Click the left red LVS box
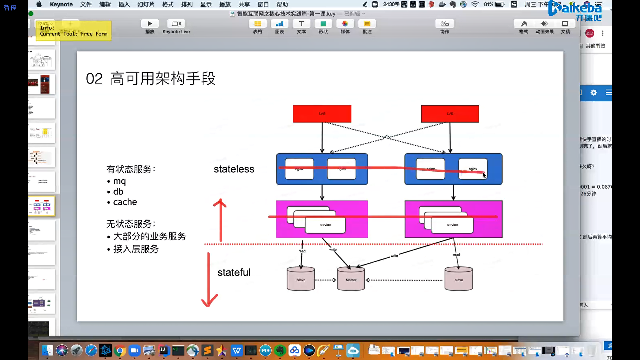click(x=322, y=114)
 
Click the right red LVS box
click(x=450, y=114)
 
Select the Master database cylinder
click(x=351, y=279)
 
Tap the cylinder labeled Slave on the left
click(x=301, y=279)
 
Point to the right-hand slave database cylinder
click(x=459, y=279)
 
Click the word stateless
click(x=234, y=169)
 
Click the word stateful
click(x=234, y=272)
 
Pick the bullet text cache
click(x=125, y=202)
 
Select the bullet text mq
click(x=119, y=181)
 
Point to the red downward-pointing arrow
click(x=209, y=280)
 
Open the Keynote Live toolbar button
click(x=176, y=26)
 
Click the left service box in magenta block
click(x=325, y=225)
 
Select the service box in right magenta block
click(x=452, y=225)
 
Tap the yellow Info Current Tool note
click(x=74, y=31)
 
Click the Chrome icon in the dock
click(x=120, y=350)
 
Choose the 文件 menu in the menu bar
click(x=86, y=4)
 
